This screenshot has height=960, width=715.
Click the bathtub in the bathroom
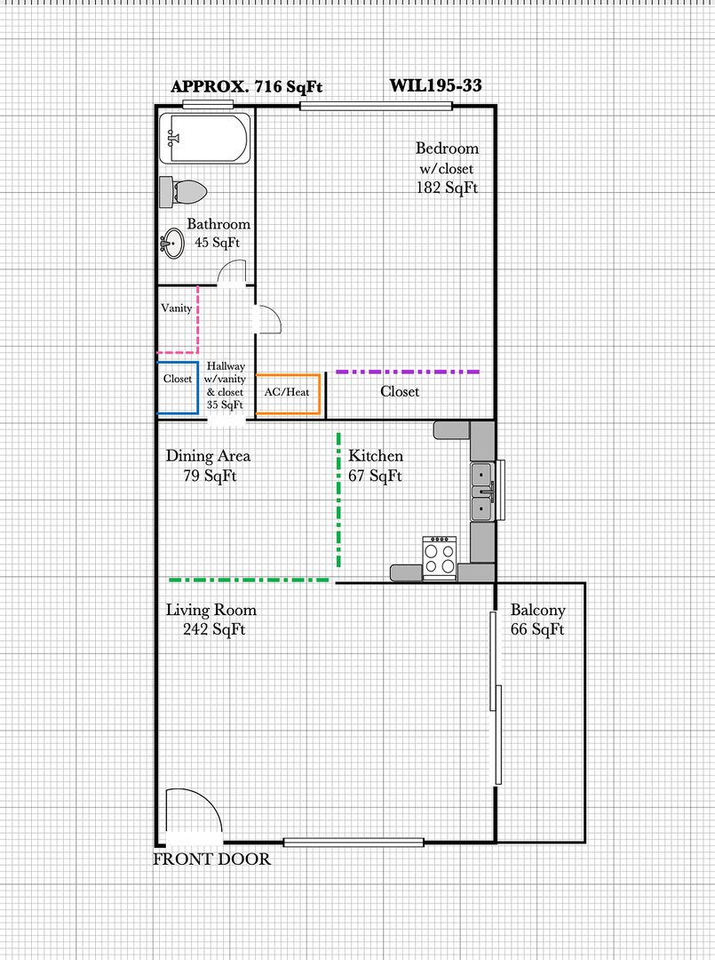point(205,139)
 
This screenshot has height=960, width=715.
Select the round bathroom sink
point(172,244)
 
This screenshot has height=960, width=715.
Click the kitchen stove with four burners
point(439,557)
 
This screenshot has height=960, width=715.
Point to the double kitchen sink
point(482,491)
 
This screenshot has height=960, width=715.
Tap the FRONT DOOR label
point(211,859)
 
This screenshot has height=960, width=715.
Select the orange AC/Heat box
point(288,394)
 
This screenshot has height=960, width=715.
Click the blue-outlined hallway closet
point(178,388)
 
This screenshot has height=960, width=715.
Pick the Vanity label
point(176,308)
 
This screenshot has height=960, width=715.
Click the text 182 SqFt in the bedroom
point(447,188)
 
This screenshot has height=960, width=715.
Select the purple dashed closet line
point(408,372)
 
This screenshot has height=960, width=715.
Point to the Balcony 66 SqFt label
point(537,620)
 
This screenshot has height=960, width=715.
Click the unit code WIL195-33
point(435,85)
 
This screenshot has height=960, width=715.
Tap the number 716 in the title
point(268,86)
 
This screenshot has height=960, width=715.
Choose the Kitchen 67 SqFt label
point(376,465)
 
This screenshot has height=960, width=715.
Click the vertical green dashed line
point(338,500)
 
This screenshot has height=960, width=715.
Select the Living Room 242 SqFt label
point(211,620)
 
